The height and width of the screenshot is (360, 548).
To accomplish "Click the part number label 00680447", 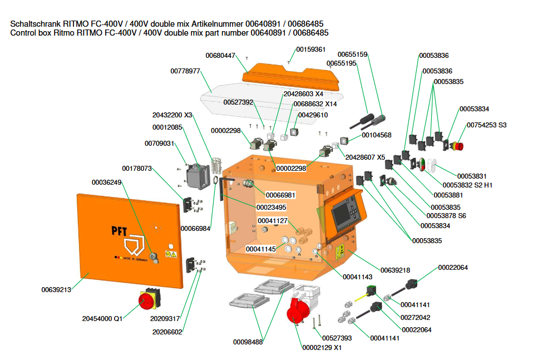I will [x=220, y=56].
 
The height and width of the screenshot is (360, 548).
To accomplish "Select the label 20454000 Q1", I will [x=102, y=319].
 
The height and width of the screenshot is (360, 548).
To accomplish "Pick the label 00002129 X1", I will [x=322, y=347].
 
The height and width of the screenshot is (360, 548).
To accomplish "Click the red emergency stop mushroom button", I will [x=458, y=146].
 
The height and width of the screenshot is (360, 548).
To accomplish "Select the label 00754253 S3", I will [x=486, y=125].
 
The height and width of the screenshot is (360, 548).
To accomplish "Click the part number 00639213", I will [x=56, y=289].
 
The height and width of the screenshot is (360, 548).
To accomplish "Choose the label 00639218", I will [x=395, y=270].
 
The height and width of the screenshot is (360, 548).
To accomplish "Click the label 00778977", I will [x=185, y=71].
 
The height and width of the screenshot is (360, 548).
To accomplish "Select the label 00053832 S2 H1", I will [x=468, y=185].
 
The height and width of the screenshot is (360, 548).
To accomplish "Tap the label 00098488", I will [x=248, y=342].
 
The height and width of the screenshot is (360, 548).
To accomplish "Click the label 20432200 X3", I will [x=172, y=115].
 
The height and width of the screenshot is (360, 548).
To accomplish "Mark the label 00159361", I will [x=310, y=50].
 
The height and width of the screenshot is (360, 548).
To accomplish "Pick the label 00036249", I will [x=106, y=182].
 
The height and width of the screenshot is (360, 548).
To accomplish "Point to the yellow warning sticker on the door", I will [x=172, y=254].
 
